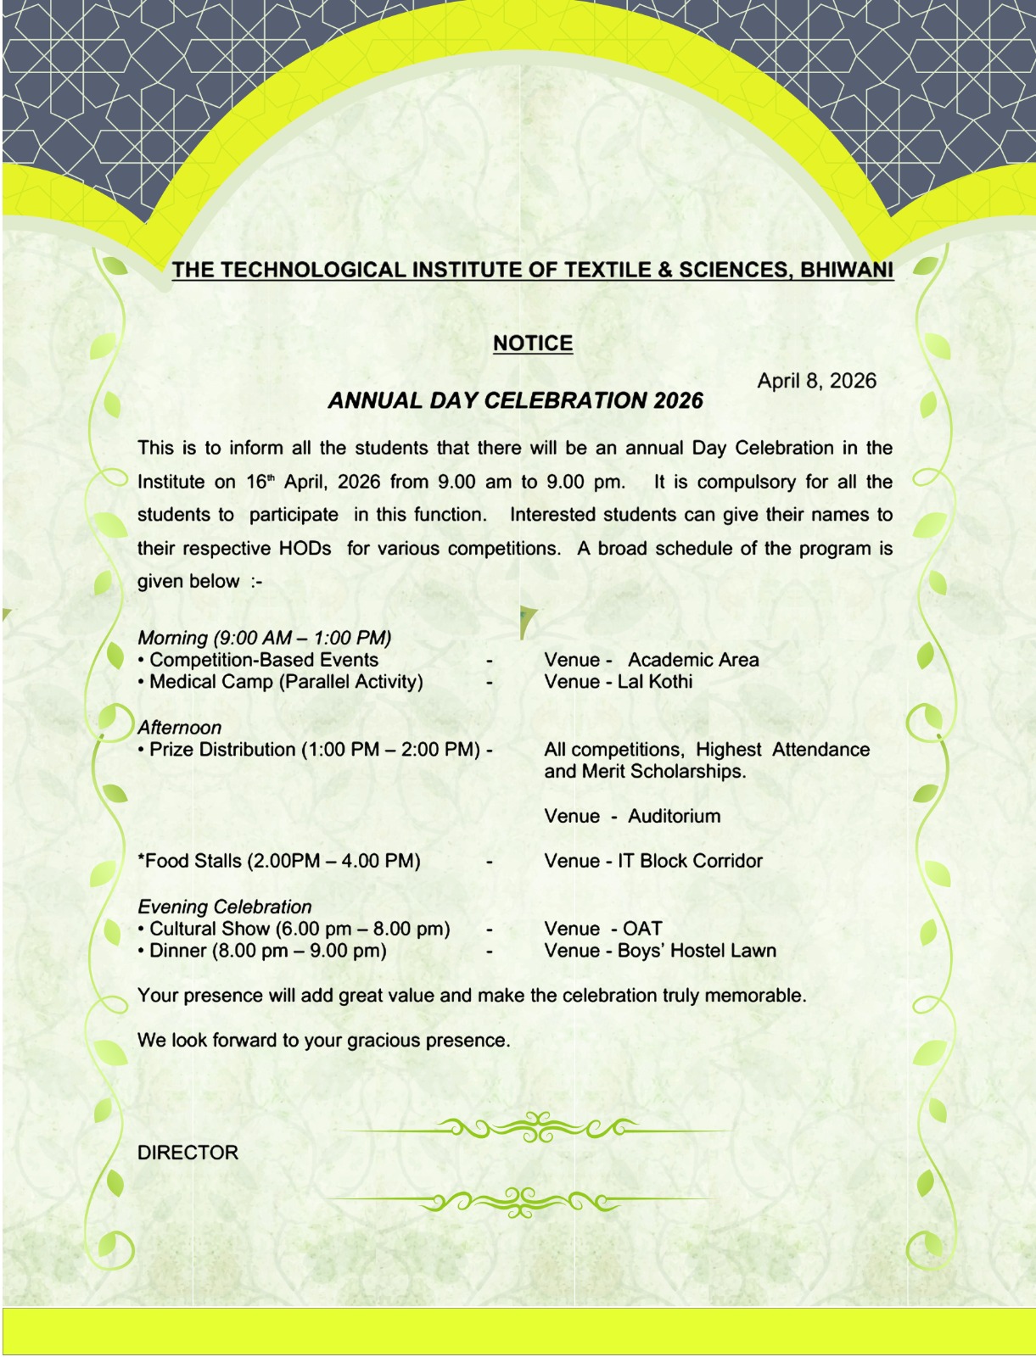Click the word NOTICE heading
pos(533,343)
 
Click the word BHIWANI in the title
pos(846,271)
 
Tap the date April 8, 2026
pos(816,381)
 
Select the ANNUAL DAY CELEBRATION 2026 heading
pos(515,401)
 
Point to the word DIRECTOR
pos(188,1153)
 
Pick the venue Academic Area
pos(693,660)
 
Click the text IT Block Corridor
pos(690,861)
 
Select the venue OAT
pos(642,929)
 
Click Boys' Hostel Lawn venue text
pos(697,951)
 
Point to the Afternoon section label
pos(179,728)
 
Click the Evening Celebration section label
pos(225,907)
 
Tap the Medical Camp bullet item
pos(286,682)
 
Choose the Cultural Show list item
pos(300,929)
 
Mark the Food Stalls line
pos(279,861)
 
